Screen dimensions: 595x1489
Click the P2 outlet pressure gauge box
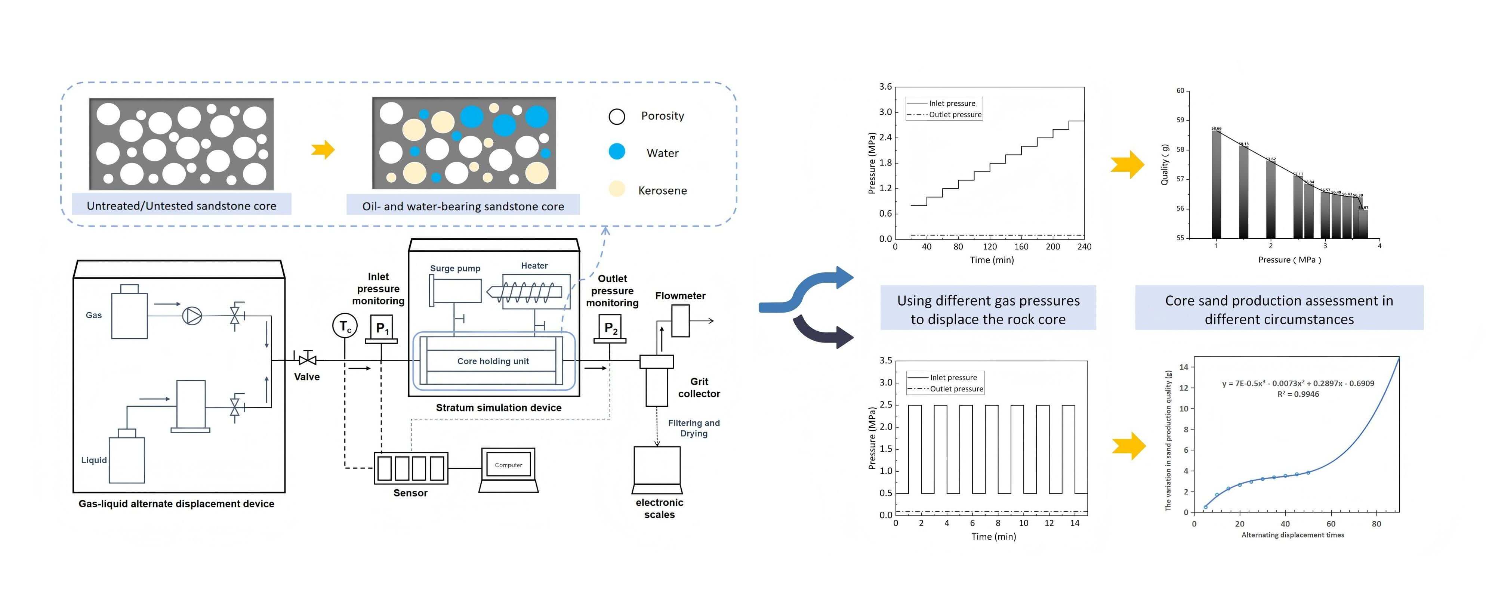pos(610,328)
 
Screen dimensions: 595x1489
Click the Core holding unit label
pos(493,361)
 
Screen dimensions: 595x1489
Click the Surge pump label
pos(455,268)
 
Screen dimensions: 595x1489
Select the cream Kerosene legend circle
pos(617,189)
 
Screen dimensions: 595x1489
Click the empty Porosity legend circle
pos(617,117)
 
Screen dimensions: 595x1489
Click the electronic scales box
pos(657,466)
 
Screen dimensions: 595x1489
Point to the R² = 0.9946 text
pos(1298,394)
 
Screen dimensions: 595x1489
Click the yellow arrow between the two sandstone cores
pos(323,150)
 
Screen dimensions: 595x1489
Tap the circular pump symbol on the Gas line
pos(192,315)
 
